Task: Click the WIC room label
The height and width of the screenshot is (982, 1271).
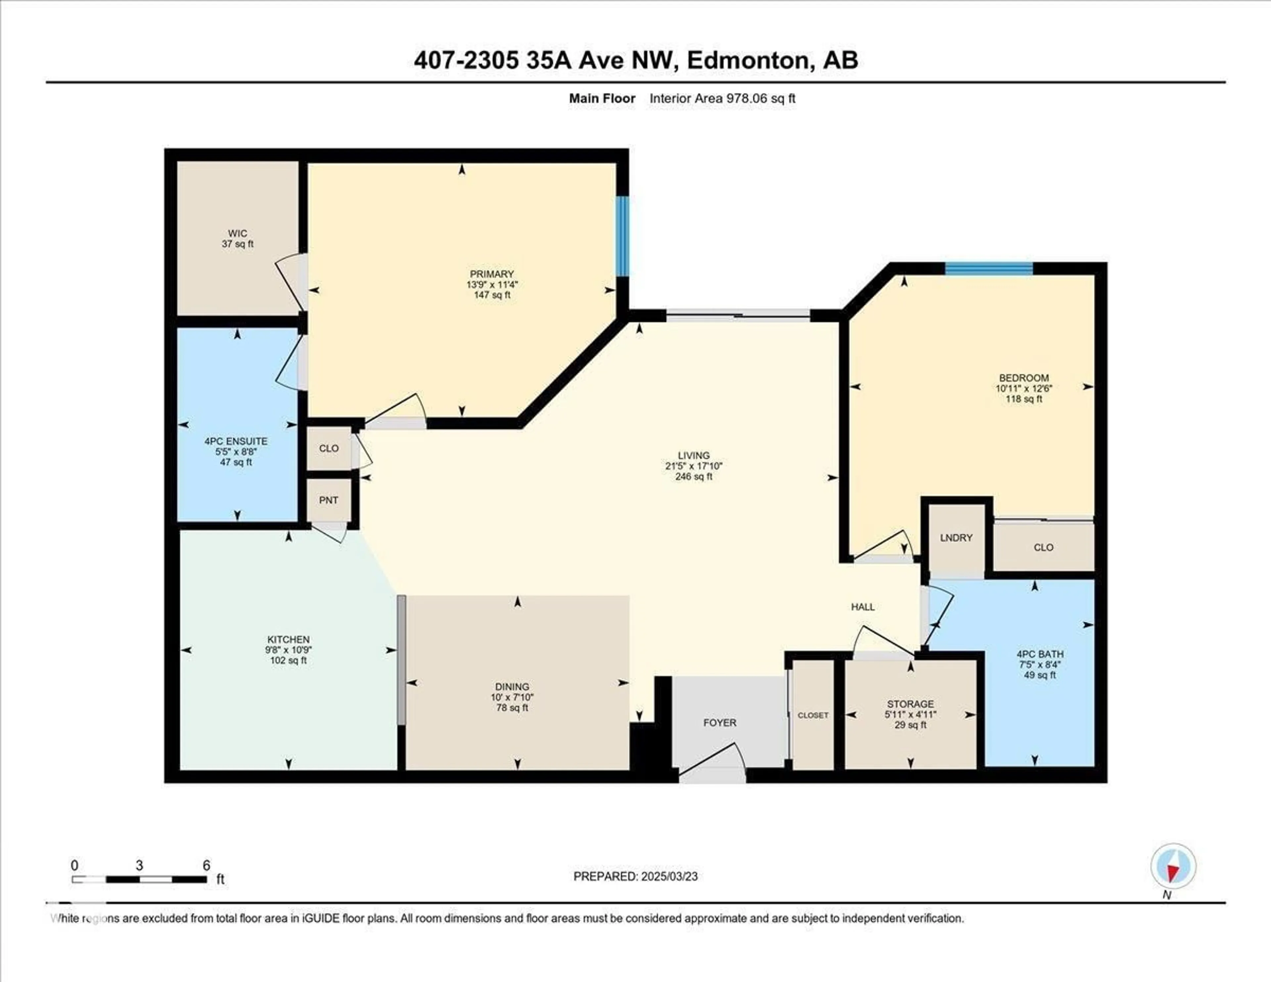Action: tap(237, 233)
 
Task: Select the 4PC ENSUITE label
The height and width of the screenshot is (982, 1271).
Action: tap(236, 441)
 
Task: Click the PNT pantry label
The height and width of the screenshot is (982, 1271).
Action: tap(329, 500)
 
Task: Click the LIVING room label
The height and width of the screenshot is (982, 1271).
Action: tap(694, 455)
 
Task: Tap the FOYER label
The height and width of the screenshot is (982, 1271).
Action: tap(720, 722)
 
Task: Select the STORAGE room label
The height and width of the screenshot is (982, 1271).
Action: tap(910, 704)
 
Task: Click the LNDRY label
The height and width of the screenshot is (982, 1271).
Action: tap(956, 538)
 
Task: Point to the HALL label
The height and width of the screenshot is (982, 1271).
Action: tap(863, 607)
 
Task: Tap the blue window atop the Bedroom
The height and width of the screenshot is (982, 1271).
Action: tap(989, 269)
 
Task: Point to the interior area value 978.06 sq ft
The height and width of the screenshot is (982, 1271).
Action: tap(760, 98)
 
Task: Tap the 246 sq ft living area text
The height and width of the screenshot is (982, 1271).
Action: tap(694, 476)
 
